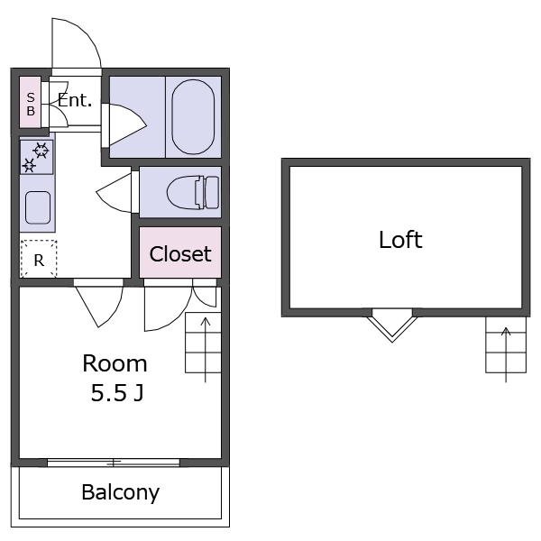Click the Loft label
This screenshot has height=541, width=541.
pos(400,240)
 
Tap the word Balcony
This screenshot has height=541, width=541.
pos(120,492)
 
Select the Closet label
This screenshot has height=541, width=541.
pos(180,254)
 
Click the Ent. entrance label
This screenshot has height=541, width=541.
pos(76,100)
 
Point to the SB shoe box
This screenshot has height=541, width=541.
pos(30,105)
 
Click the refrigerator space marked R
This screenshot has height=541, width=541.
pos(39,260)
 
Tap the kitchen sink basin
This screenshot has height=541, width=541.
pos(38,208)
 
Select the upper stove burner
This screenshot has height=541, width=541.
pos(41,150)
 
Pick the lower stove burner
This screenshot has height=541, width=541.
pos(29,165)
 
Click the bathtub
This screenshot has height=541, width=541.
pos(196,117)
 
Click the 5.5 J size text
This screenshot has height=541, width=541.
pos(115,393)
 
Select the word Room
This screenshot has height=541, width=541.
pos(115,363)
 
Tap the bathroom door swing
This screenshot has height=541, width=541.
pos(124,124)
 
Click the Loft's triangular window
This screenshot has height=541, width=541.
pos(392,324)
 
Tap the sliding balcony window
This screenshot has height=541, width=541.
pos(114,463)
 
